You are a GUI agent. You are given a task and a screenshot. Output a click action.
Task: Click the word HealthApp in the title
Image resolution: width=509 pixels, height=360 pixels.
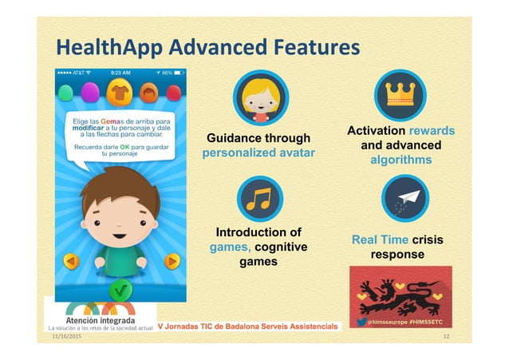[x=109, y=49]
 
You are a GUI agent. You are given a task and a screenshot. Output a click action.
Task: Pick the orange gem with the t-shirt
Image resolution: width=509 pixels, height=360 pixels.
[x=120, y=91]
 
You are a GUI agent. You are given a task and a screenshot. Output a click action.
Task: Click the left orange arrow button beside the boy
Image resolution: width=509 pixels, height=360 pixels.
[x=70, y=261]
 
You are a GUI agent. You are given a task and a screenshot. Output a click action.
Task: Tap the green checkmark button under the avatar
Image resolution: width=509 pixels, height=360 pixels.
[x=120, y=289]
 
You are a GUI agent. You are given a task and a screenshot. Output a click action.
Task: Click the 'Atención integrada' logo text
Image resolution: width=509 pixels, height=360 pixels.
[x=98, y=320]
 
